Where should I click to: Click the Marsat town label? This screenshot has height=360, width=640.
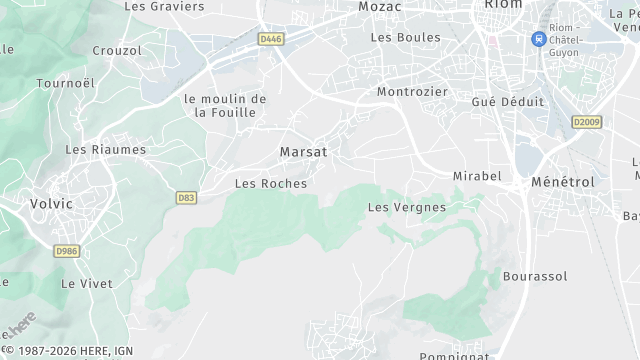click(303, 152)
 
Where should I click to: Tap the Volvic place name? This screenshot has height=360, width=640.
click(51, 204)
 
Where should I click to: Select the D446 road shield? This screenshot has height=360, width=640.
click(269, 39)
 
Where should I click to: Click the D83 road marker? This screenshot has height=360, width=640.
click(185, 198)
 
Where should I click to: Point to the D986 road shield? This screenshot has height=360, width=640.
click(67, 251)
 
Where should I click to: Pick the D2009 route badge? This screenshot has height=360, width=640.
click(586, 121)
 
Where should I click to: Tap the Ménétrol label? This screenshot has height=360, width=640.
click(563, 182)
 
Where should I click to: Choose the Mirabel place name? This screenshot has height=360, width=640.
click(477, 176)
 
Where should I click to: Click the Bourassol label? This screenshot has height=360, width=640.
click(535, 276)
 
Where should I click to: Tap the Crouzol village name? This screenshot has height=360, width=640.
click(116, 50)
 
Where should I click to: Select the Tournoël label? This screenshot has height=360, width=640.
click(65, 83)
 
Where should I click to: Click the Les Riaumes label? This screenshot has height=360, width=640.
click(105, 150)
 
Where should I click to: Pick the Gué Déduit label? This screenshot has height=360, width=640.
click(508, 102)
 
